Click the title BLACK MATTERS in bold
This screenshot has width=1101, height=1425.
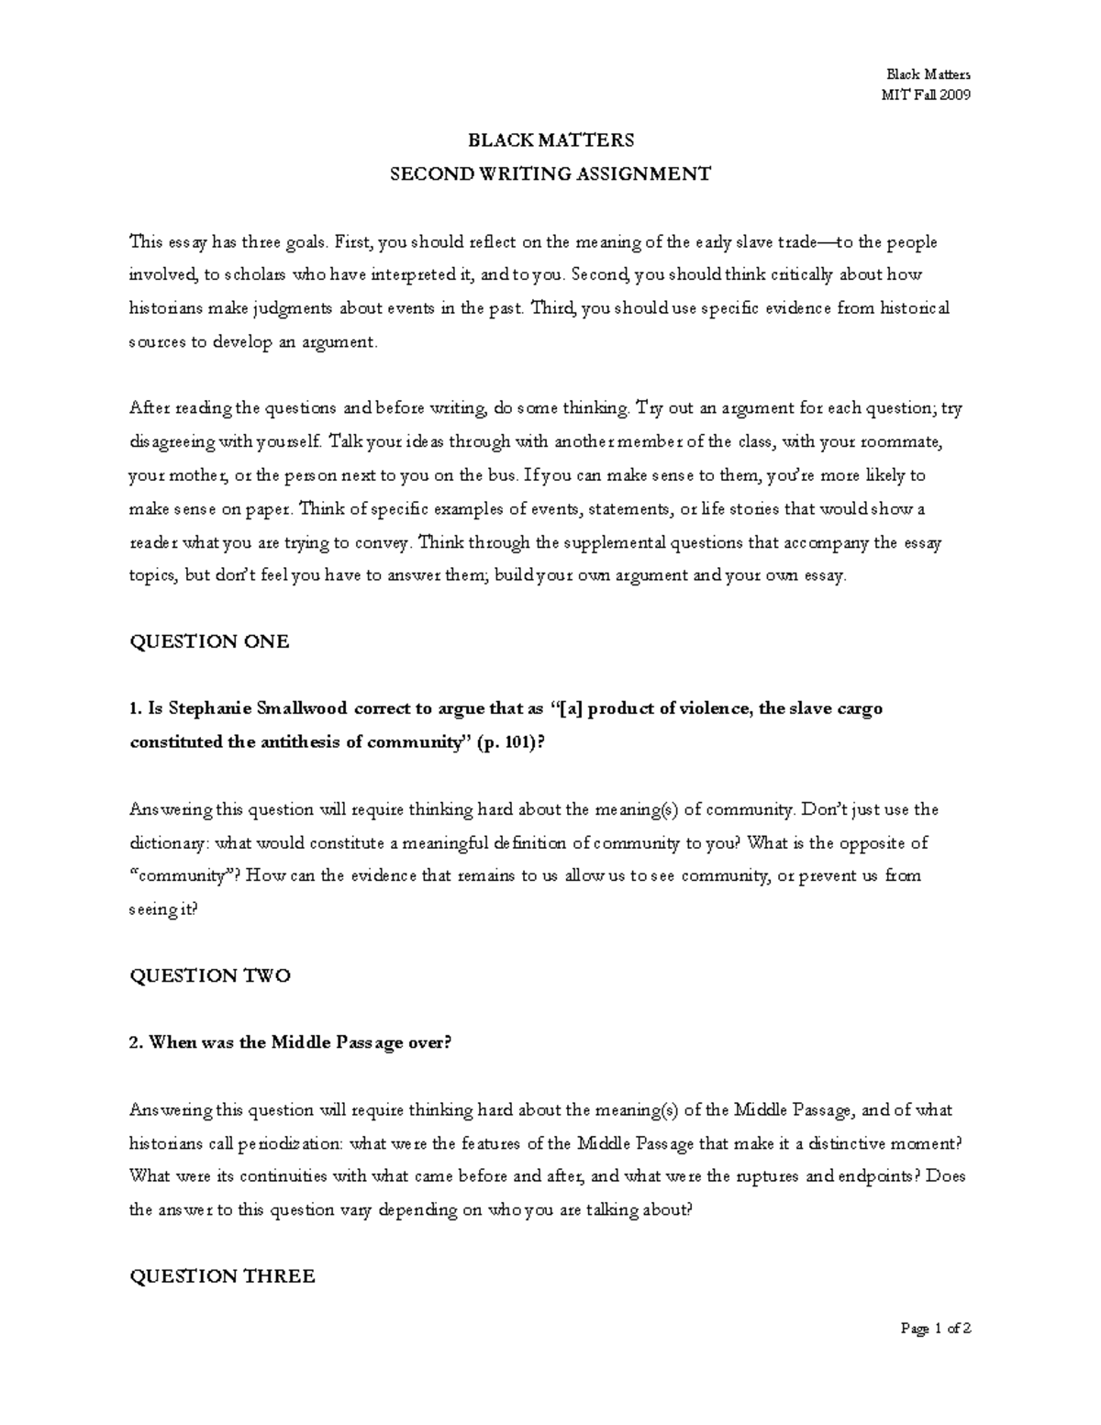(550, 140)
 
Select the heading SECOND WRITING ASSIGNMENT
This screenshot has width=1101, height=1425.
(550, 173)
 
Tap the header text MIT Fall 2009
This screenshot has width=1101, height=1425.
(926, 95)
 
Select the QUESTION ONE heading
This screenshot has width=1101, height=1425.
(209, 641)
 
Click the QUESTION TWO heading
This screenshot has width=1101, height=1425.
(210, 975)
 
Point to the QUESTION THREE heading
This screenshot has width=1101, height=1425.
(222, 1275)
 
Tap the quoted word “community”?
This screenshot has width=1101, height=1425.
(185, 875)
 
